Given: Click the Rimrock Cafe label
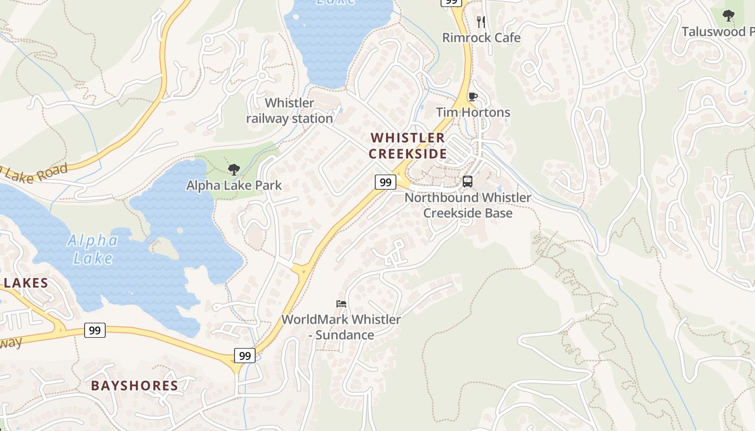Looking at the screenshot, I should pos(481,38).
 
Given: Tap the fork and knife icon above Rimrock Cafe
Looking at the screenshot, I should pos(481,22).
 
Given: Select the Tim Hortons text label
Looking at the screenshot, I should pos(472,112).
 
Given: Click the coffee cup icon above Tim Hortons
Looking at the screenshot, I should pos(472,97).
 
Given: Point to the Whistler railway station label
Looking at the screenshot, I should pos(290,110).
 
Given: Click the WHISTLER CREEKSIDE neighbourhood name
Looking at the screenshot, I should pos(408,145).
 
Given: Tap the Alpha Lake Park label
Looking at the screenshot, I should pos(234,185).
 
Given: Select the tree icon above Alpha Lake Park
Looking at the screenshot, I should pos(234,170).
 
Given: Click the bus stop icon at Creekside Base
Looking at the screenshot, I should pos(468,182).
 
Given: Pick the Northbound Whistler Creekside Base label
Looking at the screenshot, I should pos(468,205).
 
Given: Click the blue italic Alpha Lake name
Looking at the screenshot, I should pos(93,249).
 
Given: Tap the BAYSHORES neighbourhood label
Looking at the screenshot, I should pos(134,385).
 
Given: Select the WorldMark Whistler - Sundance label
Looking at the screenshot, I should pos(341,327).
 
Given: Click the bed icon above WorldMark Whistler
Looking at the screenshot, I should pos(341,303).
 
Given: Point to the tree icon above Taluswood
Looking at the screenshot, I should pos(728,16).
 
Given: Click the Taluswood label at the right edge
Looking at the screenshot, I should pos(717,32).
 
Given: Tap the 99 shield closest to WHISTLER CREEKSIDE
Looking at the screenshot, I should pos(385,182).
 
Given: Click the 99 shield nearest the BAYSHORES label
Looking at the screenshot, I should pos(244,356).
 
